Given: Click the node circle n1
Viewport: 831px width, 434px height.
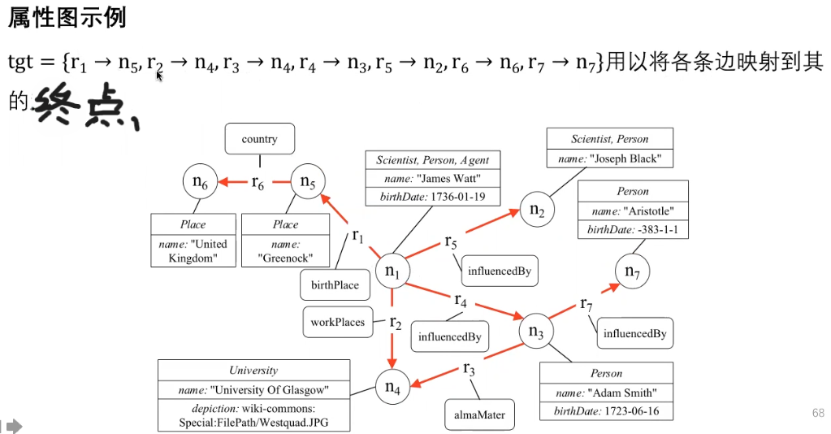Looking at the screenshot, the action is tap(392, 271).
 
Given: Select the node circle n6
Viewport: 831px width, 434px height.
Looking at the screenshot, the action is tap(201, 181).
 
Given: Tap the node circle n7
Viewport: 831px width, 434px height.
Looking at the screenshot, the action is tap(632, 271).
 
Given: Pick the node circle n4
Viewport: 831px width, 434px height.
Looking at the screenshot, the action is tap(392, 388).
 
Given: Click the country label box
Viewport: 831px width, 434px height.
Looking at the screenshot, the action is tap(260, 139).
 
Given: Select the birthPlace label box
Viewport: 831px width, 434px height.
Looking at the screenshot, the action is tap(335, 285).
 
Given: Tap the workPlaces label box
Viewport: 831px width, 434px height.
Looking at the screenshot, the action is tap(338, 322).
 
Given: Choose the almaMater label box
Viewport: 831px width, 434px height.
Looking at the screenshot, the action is tap(479, 414).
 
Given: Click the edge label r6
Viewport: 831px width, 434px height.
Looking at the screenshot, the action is tap(258, 183).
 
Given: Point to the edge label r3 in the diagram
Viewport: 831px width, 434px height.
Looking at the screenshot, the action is tap(469, 367).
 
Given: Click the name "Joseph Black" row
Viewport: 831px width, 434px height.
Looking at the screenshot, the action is tap(610, 158).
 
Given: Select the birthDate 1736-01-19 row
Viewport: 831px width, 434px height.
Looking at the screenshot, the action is tap(433, 197).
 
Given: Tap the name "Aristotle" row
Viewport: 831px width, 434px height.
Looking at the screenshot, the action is tap(633, 210).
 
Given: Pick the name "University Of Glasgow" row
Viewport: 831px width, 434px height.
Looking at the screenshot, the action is tap(254, 390).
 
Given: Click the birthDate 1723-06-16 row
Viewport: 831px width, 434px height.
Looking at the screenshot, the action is tap(606, 411).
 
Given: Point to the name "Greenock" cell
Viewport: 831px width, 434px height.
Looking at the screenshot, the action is tap(286, 251).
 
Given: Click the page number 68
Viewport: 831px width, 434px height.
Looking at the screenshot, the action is tap(818, 413).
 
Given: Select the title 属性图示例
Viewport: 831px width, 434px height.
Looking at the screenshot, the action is tap(67, 18).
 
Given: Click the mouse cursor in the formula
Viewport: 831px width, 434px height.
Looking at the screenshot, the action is tap(159, 76).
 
